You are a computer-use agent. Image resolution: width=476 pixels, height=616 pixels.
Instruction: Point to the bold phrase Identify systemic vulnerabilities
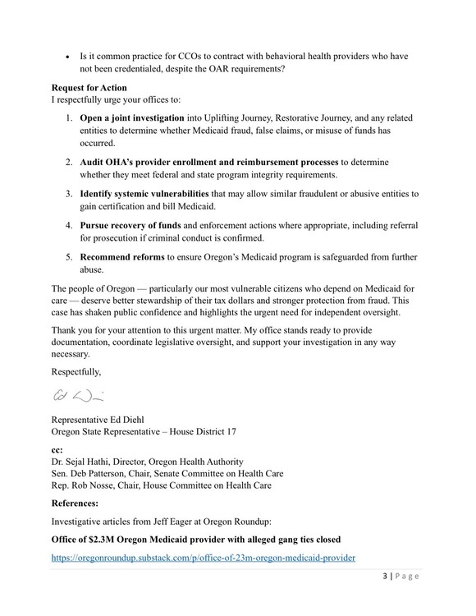[144, 194]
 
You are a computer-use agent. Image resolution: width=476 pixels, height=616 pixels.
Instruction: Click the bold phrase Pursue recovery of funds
[133, 224]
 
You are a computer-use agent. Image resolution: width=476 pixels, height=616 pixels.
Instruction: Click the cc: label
[57, 450]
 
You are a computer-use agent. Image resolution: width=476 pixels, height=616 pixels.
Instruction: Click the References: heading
[80, 503]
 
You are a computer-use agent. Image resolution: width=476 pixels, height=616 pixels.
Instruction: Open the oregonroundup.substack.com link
[203, 558]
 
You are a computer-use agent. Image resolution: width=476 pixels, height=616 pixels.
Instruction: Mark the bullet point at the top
[68, 57]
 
